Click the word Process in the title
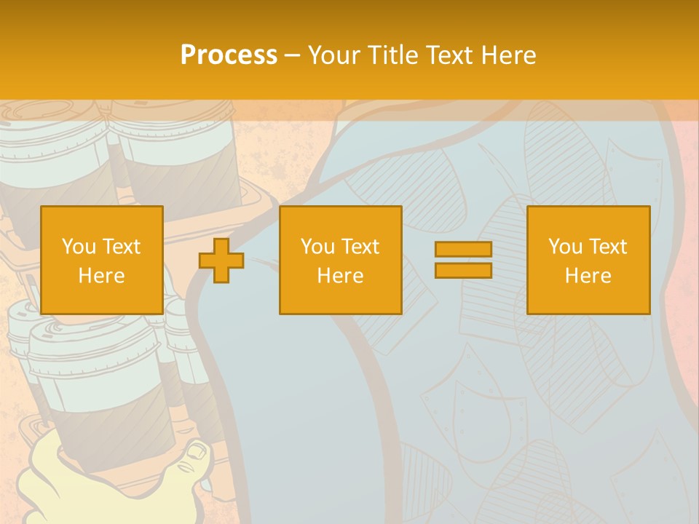tap(229, 55)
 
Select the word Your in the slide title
tap(332, 55)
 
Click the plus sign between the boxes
tap(221, 261)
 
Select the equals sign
tap(463, 260)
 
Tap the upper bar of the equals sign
tap(463, 250)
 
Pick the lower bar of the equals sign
tap(463, 270)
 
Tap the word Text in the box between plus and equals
tap(361, 247)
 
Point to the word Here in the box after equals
tap(588, 276)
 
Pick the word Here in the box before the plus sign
tap(101, 276)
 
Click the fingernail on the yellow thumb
tap(197, 450)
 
